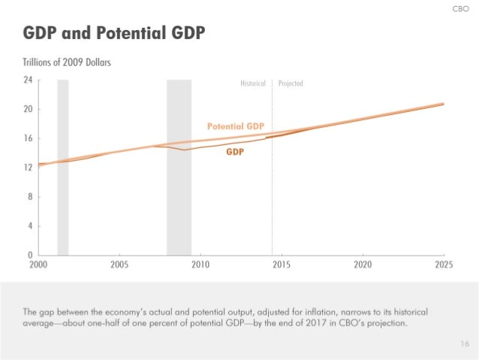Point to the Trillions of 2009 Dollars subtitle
(67, 62)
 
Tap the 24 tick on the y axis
(28, 80)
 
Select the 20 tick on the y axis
(28, 109)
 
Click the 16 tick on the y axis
(28, 138)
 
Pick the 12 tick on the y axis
(28, 168)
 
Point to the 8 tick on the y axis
(29, 197)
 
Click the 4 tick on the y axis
(29, 226)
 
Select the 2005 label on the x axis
(119, 265)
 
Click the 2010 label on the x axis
(200, 265)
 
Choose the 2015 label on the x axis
(281, 265)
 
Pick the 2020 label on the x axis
(362, 265)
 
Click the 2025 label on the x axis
(443, 265)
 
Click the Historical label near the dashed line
(253, 83)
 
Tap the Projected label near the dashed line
(291, 83)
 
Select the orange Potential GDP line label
(234, 126)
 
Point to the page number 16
(463, 343)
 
